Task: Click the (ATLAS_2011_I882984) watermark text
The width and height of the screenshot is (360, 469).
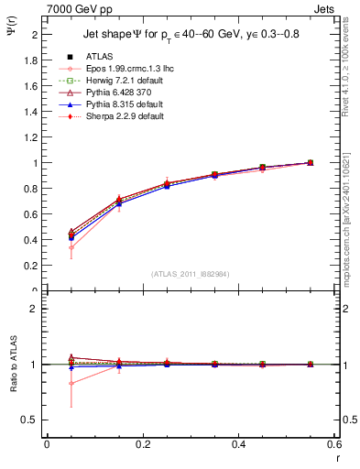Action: pos(191,273)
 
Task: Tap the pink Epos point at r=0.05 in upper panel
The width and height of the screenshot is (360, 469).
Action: pos(71,247)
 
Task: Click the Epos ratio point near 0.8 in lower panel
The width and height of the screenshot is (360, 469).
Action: pos(71,383)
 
